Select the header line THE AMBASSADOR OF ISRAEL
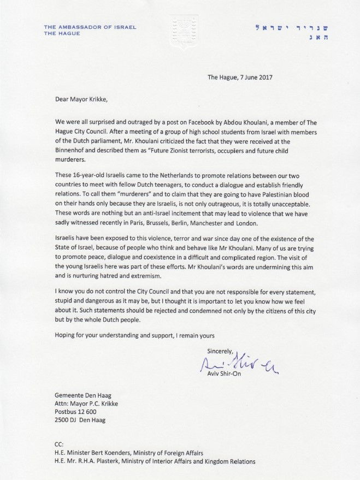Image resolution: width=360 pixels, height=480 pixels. coord(90,27)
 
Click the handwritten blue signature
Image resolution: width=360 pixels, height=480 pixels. coord(238,364)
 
